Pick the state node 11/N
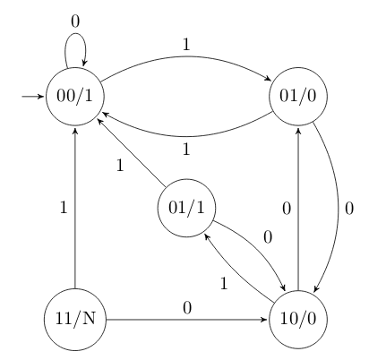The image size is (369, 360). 75,318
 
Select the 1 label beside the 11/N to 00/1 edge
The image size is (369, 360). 63,208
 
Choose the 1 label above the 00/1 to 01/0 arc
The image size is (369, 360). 185,42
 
